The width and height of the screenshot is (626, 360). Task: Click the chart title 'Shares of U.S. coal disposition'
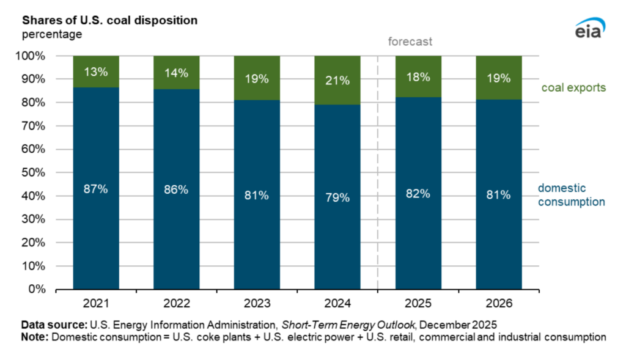coord(109,20)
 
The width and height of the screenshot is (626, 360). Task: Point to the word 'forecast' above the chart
coord(410,42)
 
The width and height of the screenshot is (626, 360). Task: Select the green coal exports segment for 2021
coord(96,83)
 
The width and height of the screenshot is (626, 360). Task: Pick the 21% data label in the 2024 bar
coord(337,80)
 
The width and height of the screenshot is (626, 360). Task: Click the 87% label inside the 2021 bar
coord(96,189)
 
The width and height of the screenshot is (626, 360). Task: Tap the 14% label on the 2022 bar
coord(176,73)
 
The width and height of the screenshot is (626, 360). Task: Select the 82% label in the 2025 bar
coord(418,194)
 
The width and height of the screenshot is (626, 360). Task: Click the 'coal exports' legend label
coord(573,88)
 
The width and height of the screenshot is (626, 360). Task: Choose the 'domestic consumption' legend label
coord(571,195)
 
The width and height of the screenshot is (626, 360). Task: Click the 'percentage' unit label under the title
coord(52,34)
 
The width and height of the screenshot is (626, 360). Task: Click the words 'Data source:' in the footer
coord(55,325)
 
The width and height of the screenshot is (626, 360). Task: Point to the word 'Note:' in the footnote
coord(35,337)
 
